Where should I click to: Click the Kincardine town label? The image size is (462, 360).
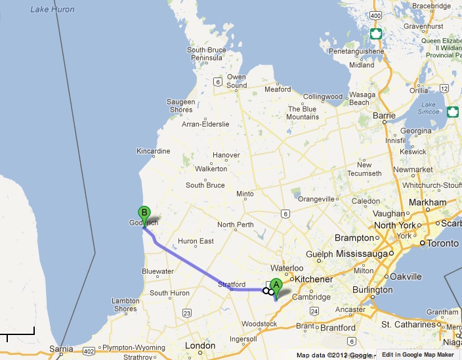[x=153, y=151]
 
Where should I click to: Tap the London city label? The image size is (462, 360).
[x=200, y=346]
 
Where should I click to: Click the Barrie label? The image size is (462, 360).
[x=384, y=115]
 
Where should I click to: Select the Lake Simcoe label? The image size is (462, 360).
[x=429, y=108]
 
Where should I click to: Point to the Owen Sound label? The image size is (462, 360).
[x=236, y=81]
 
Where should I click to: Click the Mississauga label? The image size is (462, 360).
[x=363, y=253]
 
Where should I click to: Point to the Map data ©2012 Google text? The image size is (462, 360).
[x=334, y=355]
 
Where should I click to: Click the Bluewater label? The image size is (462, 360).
[x=157, y=271]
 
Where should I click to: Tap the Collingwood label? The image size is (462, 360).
[x=323, y=97]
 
